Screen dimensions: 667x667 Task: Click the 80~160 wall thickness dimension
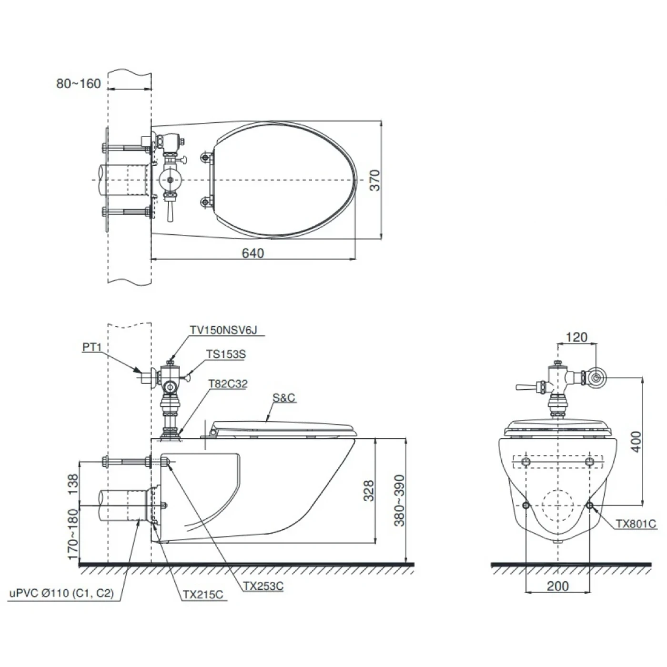78,83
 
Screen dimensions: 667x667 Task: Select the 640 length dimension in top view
253,253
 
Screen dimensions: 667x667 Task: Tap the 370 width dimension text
375,180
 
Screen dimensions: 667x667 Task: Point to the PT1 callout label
92,347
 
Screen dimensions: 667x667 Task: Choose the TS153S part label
226,354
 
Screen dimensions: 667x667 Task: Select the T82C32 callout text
228,384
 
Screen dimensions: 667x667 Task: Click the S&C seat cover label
284,397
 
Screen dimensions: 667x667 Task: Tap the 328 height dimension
369,491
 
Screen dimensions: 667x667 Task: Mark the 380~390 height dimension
399,500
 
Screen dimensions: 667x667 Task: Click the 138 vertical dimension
72,484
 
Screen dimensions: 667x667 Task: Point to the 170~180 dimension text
72,534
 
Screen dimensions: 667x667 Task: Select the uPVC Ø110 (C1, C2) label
62,593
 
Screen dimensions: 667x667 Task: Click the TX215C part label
202,595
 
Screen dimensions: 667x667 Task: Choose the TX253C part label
263,586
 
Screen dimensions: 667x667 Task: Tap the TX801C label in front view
636,524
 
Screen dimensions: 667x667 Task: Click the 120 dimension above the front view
576,337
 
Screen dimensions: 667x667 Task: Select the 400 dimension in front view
636,442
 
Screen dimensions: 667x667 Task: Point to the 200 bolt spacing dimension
557,586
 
